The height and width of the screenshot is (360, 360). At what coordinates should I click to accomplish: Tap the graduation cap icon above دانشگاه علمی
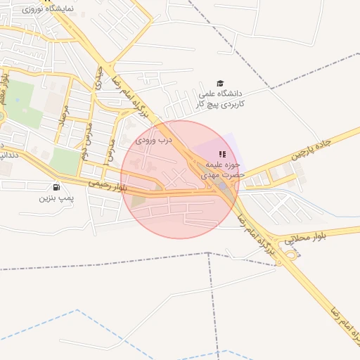click(x=220, y=83)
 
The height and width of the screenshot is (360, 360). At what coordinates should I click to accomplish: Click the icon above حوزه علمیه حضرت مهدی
click(x=222, y=154)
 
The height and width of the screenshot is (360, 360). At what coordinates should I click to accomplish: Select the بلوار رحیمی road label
click(x=108, y=186)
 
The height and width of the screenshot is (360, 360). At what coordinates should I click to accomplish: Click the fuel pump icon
click(x=56, y=187)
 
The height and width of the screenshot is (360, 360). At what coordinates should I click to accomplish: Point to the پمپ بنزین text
click(x=56, y=198)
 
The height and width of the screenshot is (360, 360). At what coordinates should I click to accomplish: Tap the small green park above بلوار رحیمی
click(x=65, y=160)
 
